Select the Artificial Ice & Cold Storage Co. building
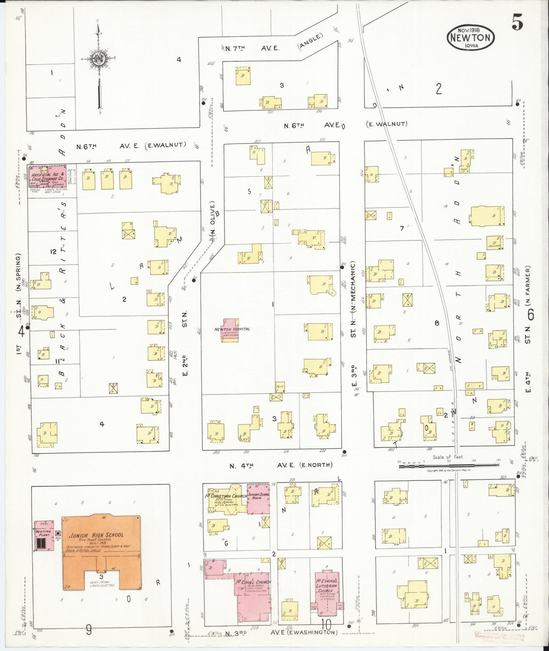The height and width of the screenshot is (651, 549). point(47,177)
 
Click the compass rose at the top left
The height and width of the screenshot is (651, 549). point(98,59)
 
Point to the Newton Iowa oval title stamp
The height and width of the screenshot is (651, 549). point(470,37)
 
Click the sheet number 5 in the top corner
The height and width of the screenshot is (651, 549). point(517,24)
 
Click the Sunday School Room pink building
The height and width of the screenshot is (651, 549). point(258,499)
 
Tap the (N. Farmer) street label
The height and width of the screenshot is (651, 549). point(528,285)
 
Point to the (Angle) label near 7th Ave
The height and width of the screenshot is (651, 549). point(310,41)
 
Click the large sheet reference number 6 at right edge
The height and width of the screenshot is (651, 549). point(530,314)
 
